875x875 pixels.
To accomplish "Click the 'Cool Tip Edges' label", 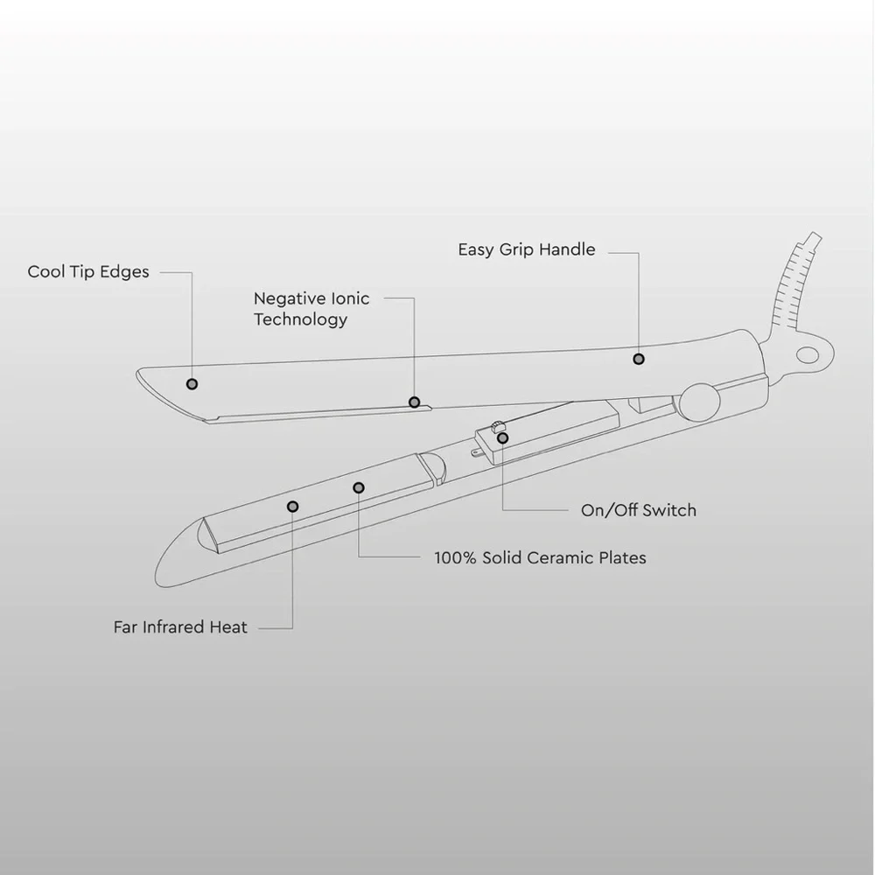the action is click(x=88, y=272).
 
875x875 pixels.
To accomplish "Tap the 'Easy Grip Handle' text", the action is click(x=527, y=249).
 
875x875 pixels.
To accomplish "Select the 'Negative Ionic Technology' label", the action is click(x=311, y=309).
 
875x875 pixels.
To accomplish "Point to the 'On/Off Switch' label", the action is click(x=639, y=510).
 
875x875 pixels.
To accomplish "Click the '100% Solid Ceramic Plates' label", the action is click(x=540, y=557).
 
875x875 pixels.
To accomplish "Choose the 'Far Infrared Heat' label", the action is click(x=180, y=627).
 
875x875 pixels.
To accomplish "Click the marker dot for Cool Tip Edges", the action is click(x=192, y=384).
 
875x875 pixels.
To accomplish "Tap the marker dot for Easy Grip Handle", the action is click(x=639, y=359).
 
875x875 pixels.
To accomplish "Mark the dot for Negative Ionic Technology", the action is click(x=414, y=402).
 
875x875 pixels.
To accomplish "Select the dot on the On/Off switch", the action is click(x=503, y=438).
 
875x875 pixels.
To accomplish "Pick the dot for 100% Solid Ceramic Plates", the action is click(x=359, y=487).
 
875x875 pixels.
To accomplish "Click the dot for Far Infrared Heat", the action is click(x=292, y=506).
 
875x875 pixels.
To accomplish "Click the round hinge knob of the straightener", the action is click(x=699, y=402).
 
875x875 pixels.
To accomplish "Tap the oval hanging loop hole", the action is click(x=807, y=355).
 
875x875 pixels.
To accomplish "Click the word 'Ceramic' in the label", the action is click(x=561, y=557).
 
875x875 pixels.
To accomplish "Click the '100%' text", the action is click(x=455, y=557).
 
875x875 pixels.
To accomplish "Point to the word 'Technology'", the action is click(x=301, y=319).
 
